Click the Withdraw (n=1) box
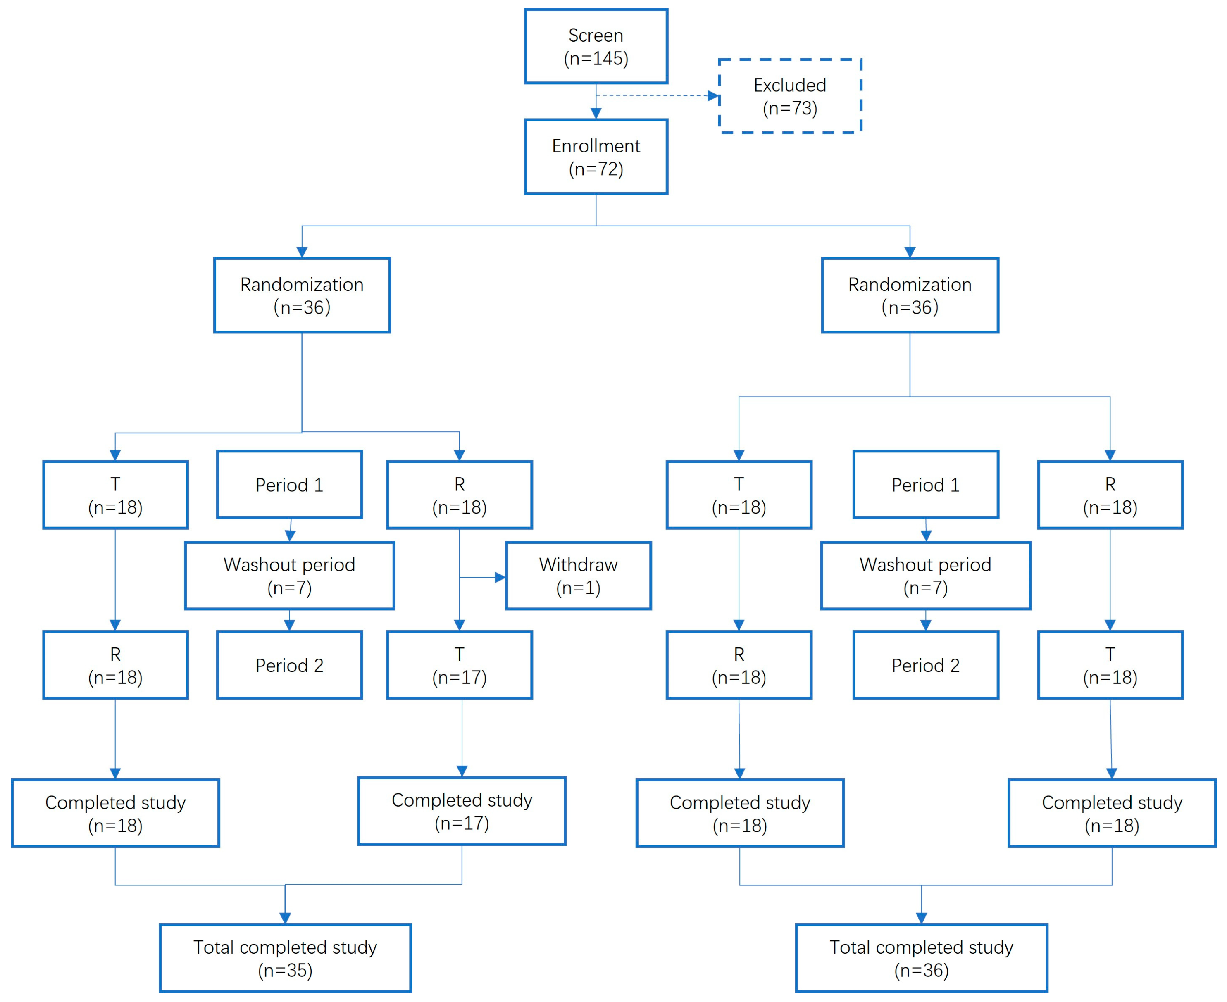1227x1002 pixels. tap(578, 576)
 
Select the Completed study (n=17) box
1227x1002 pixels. tap(462, 811)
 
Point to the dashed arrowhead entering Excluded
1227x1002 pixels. tap(713, 96)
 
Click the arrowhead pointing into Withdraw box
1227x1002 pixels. tap(500, 577)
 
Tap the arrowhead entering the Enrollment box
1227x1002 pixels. tap(596, 114)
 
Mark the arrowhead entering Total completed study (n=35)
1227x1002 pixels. tap(285, 918)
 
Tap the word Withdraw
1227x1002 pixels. tap(578, 564)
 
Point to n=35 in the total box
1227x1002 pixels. tap(285, 971)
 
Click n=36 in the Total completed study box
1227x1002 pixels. tap(921, 971)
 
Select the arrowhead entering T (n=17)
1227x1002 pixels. tap(460, 625)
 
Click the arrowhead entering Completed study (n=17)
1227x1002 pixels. tap(462, 771)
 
